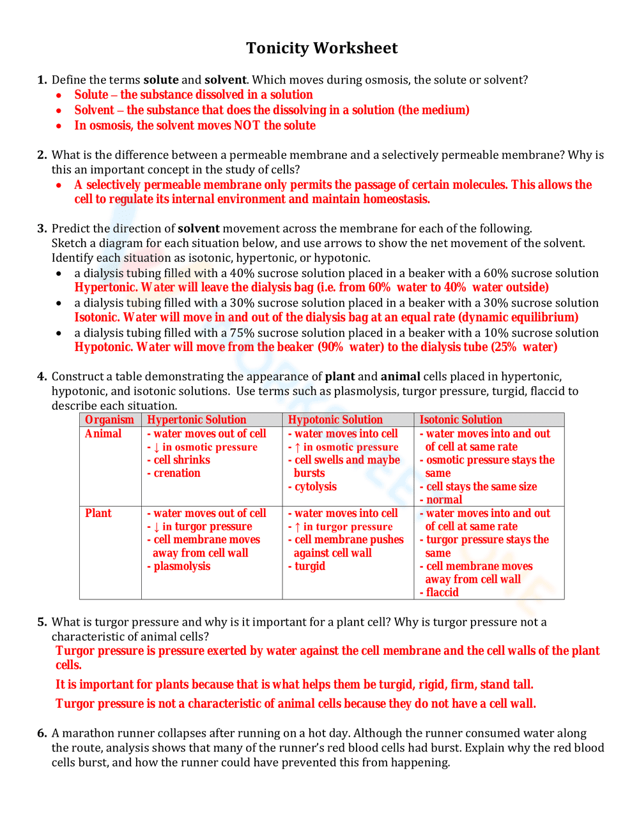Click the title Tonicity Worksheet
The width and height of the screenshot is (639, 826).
click(x=321, y=49)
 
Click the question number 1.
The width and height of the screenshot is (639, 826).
click(x=42, y=80)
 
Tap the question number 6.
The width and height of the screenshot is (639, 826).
click(x=42, y=733)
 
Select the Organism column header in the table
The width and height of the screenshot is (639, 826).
click(x=109, y=420)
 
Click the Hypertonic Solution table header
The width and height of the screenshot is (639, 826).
click(x=196, y=420)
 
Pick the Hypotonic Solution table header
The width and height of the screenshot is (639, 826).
click(x=335, y=420)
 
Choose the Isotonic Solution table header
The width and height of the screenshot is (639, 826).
click(x=460, y=420)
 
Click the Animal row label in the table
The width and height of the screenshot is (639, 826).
click(x=103, y=434)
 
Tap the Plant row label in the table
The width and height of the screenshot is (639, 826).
click(x=98, y=513)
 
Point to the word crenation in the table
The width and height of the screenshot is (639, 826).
click(x=177, y=474)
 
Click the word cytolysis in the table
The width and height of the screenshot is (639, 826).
click(x=316, y=487)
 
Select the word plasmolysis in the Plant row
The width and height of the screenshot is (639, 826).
click(x=181, y=567)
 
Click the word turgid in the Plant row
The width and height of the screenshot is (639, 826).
click(x=310, y=567)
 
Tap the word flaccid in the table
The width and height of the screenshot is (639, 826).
click(x=442, y=593)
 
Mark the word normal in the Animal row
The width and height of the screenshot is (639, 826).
click(x=444, y=500)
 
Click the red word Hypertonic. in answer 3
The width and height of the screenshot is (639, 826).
click(x=105, y=288)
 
